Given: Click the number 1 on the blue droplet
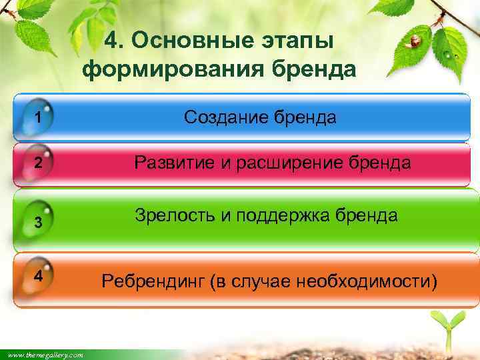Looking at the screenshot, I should (x=39, y=119).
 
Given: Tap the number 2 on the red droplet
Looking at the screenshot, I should (x=39, y=163).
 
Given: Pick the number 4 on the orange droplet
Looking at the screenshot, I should (x=39, y=275).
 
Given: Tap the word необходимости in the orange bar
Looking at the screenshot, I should (x=373, y=282).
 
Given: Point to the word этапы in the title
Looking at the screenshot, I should (x=295, y=41).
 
